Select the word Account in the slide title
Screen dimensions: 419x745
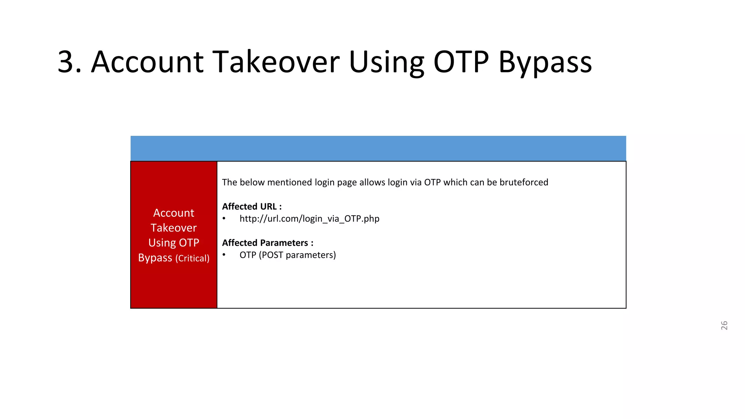coord(147,62)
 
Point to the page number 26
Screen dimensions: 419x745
coord(724,326)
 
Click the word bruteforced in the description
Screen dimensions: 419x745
coord(523,182)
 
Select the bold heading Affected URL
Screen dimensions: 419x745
coord(252,207)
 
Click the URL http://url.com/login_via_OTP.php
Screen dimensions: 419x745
coord(309,219)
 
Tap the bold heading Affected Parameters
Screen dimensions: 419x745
coord(267,243)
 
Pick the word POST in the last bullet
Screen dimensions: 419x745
coord(272,255)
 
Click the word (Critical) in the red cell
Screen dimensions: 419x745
coord(192,258)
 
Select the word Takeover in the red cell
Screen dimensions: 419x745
coord(174,228)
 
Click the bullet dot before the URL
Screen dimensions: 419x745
coord(224,219)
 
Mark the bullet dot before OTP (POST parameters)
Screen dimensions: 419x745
coord(224,255)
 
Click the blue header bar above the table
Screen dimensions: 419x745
coord(378,148)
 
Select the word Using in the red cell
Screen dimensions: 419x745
coord(162,243)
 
